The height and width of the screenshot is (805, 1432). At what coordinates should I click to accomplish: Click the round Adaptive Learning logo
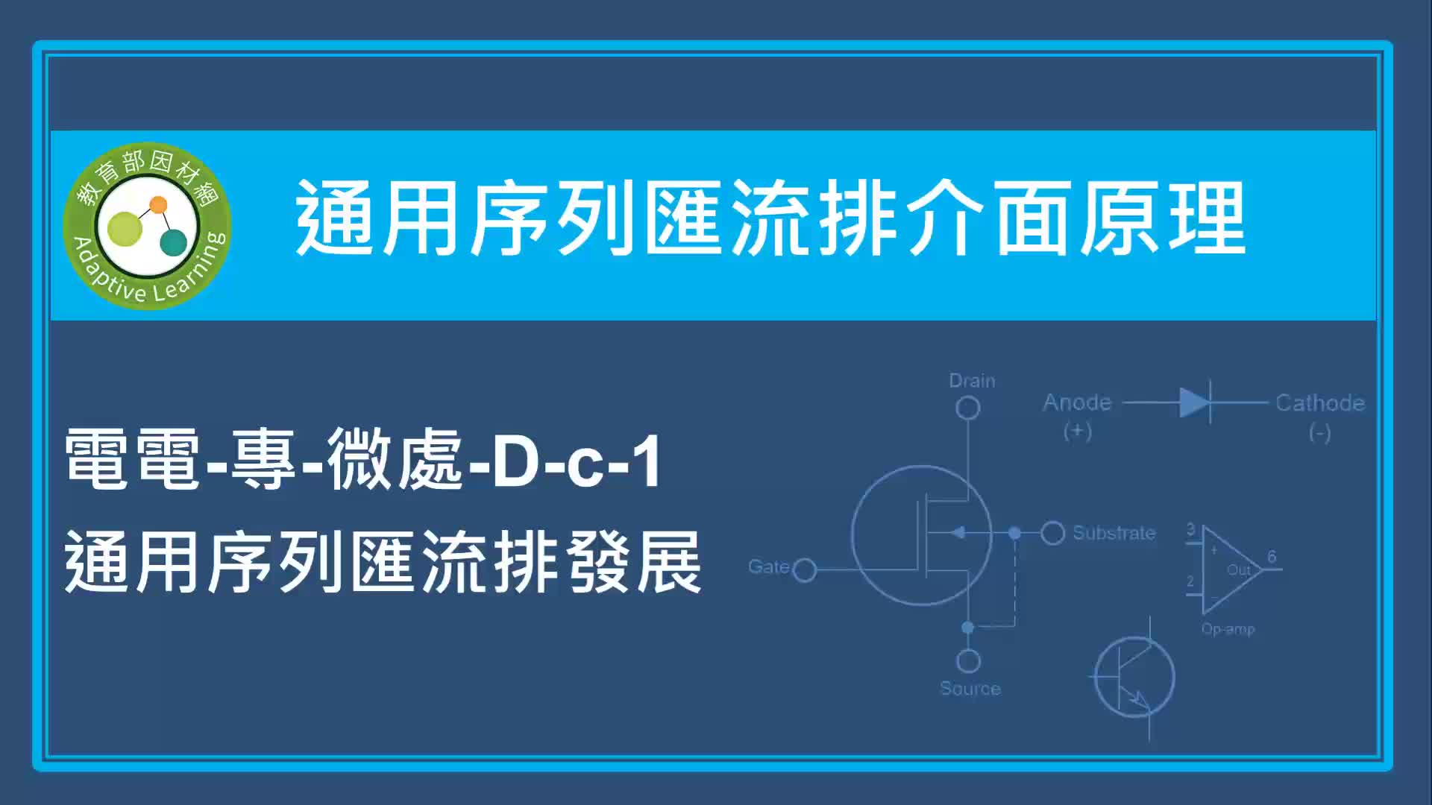coord(147,225)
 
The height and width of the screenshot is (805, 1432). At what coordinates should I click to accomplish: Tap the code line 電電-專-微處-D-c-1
coord(363,460)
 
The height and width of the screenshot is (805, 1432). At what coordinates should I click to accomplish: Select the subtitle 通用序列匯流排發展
coord(383,562)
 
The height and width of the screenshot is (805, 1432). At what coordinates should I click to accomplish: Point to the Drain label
coord(972,381)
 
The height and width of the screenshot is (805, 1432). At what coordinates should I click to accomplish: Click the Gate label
coord(768,566)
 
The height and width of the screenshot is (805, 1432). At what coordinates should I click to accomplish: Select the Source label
coord(970,689)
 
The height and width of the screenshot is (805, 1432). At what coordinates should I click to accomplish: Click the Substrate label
coord(1114,533)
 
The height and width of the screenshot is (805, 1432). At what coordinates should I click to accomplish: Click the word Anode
coord(1077,402)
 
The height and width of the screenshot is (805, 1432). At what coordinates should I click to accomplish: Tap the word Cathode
coord(1320,403)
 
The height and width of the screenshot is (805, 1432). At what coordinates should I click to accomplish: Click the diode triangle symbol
coord(1194,403)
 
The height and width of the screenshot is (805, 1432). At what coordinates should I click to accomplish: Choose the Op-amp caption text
coord(1228,629)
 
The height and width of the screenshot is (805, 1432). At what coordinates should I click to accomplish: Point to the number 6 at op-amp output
coord(1272,557)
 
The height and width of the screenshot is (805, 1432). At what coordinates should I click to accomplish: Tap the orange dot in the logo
coord(158,205)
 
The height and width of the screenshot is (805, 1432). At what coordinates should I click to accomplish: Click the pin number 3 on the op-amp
coord(1190,530)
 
